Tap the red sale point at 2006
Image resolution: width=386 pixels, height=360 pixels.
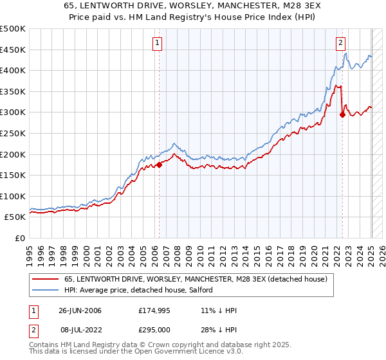click(x=159, y=165)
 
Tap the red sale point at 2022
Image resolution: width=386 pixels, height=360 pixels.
click(x=342, y=115)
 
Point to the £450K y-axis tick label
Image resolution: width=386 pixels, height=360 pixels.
click(x=13, y=50)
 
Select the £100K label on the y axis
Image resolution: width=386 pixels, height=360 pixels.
click(x=13, y=196)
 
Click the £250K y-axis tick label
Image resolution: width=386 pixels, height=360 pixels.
click(x=13, y=133)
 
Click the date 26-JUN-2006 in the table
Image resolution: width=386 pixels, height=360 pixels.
click(x=80, y=310)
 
